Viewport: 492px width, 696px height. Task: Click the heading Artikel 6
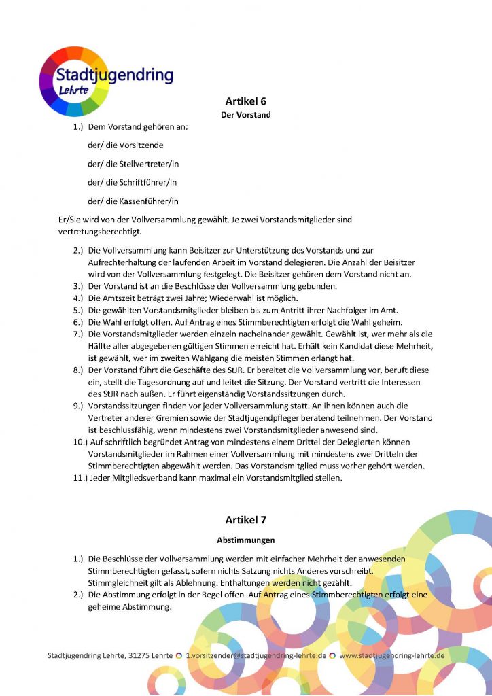pos(245,101)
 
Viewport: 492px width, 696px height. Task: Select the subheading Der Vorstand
pos(245,115)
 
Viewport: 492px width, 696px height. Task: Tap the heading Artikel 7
pos(245,520)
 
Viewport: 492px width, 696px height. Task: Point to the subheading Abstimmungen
pos(245,541)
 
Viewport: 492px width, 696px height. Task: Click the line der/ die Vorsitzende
pos(126,145)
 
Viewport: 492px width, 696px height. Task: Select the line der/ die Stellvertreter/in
pos(133,164)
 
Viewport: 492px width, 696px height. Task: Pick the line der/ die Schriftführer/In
pos(133,182)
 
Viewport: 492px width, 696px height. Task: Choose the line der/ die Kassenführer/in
pos(133,201)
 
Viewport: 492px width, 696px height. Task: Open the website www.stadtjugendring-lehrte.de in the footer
pos(392,656)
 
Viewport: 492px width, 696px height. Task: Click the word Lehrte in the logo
pos(73,90)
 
